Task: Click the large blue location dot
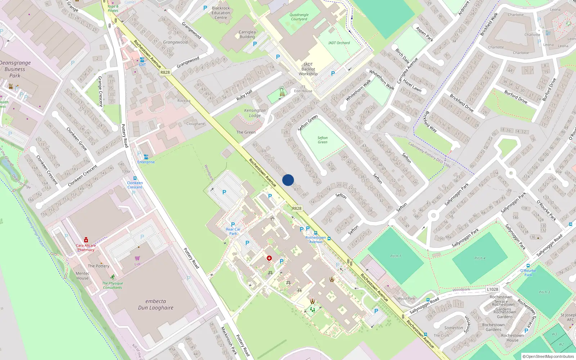pyautogui.click(x=288, y=180)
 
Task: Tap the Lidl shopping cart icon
pyautogui.click(x=137, y=258)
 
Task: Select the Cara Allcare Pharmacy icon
pyautogui.click(x=86, y=240)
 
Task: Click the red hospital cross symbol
pyautogui.click(x=269, y=258)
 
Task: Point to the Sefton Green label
pyautogui.click(x=323, y=140)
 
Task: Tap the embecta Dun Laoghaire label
pyautogui.click(x=156, y=305)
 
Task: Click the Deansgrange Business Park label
pyautogui.click(x=15, y=69)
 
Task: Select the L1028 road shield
pyautogui.click(x=492, y=289)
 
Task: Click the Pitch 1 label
pyautogui.click(x=396, y=256)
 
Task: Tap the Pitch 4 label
pyautogui.click(x=480, y=258)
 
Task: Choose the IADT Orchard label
pyautogui.click(x=339, y=43)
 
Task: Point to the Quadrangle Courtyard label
pyautogui.click(x=299, y=17)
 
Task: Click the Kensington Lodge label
pyautogui.click(x=255, y=113)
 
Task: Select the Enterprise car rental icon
pyautogui.click(x=146, y=157)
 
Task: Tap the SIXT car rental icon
pyautogui.click(x=142, y=60)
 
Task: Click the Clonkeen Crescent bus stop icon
pyautogui.click(x=135, y=178)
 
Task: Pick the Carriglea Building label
pyautogui.click(x=247, y=34)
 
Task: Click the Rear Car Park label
pyautogui.click(x=233, y=231)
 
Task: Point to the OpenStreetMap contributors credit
pyautogui.click(x=548, y=356)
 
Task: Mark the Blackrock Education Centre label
pyautogui.click(x=221, y=13)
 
